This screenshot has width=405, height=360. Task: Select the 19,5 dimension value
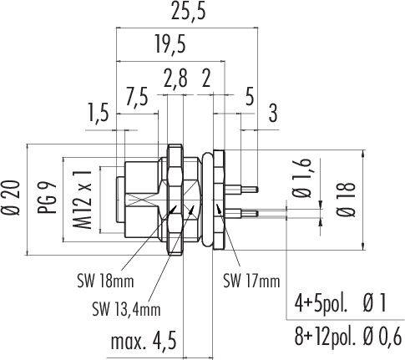tap(170, 44)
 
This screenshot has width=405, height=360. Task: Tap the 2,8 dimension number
tap(175, 79)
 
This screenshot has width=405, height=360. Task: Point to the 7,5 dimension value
tap(136, 97)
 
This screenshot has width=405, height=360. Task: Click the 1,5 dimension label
tap(98, 113)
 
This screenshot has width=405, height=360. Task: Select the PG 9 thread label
tap(47, 197)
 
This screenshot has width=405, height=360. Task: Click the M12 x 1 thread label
tap(83, 200)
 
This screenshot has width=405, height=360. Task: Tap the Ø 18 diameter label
tap(347, 200)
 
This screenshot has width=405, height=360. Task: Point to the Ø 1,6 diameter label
tap(302, 178)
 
